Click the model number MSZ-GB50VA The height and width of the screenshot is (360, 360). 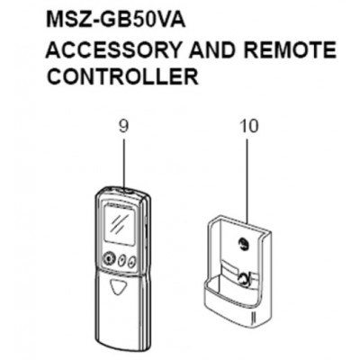point(116,21)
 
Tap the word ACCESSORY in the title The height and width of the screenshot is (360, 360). point(113,49)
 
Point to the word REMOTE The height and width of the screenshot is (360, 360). point(290,49)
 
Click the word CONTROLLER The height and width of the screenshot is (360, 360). point(122,76)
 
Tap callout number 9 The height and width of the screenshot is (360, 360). point(123,126)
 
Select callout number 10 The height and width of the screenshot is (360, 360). point(248,126)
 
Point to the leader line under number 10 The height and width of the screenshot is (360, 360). point(247,181)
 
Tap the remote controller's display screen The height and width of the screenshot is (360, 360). point(120,224)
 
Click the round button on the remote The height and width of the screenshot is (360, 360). point(108,257)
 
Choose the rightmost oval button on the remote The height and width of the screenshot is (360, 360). point(131,262)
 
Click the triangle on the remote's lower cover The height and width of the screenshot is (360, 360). point(116,287)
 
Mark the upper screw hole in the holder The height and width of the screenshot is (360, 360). point(242,244)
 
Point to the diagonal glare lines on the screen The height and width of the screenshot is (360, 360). point(116,223)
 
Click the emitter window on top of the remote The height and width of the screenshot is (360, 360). point(124,190)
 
